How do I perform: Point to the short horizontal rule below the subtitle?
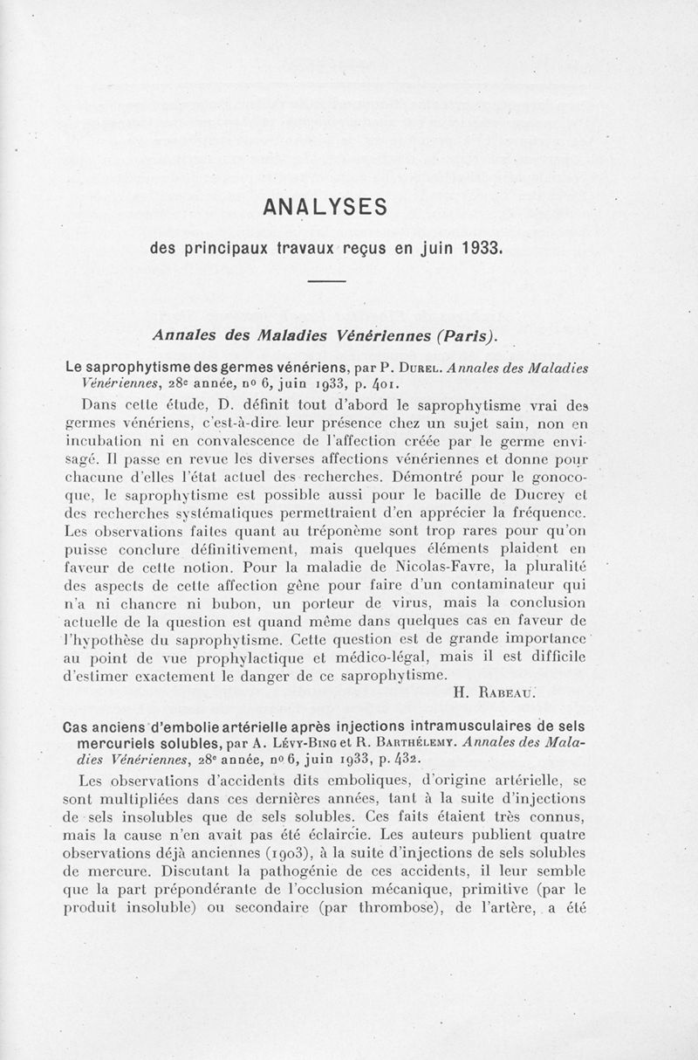tap(329, 280)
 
